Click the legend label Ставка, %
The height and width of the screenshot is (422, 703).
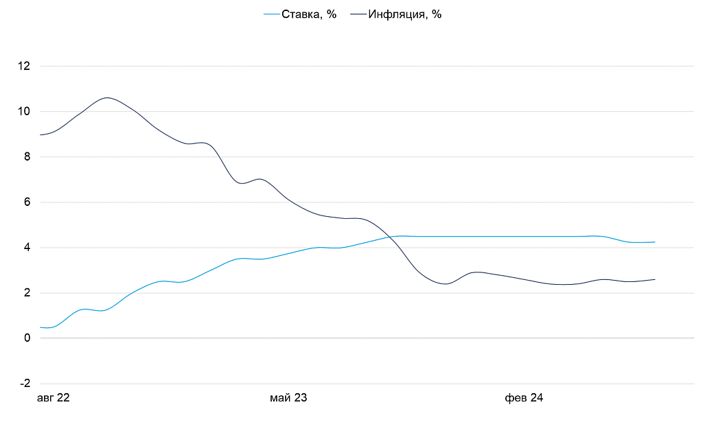[x=309, y=14]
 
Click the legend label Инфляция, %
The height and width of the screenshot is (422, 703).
[x=404, y=14]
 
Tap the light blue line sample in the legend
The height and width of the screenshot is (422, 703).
[x=271, y=14]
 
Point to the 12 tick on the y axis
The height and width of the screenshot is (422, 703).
[x=25, y=67]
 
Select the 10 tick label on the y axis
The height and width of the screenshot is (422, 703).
[x=25, y=112]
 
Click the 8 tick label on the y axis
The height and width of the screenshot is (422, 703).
[x=27, y=157]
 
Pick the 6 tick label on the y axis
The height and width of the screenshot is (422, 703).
[x=27, y=202]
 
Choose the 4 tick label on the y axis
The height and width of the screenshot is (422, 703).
[x=27, y=248]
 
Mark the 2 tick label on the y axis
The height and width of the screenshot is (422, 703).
[x=27, y=293]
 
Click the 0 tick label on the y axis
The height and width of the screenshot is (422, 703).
[x=27, y=338]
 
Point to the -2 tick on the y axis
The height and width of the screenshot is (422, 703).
[x=25, y=384]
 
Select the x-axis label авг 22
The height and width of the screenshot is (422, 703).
[x=53, y=399]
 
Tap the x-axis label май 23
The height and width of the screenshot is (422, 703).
[x=288, y=399]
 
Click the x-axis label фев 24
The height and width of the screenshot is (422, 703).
[x=524, y=399]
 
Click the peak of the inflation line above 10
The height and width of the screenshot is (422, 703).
[x=108, y=97]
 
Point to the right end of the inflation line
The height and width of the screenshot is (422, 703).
[x=655, y=279]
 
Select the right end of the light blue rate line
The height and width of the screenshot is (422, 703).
[x=655, y=242]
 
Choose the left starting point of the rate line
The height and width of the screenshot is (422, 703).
[x=41, y=327]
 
